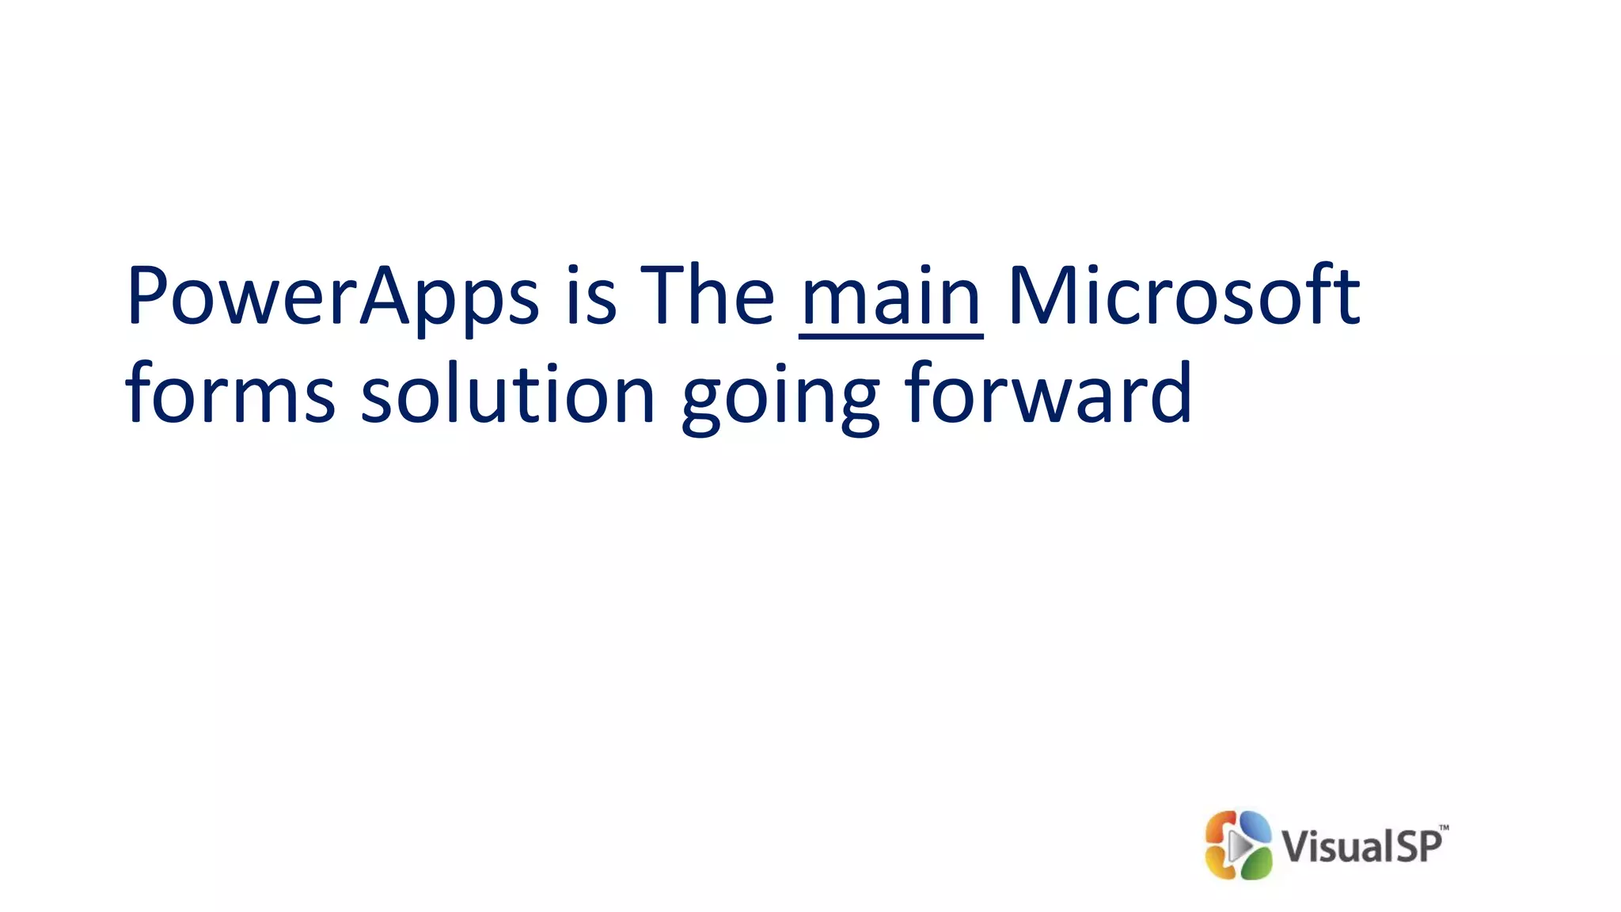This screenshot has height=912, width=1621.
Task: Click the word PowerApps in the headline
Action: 332,297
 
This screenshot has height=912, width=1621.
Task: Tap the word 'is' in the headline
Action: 591,297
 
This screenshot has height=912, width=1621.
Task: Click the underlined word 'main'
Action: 891,297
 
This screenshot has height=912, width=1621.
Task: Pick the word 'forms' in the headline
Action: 230,393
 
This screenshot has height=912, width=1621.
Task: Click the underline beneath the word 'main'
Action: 891,337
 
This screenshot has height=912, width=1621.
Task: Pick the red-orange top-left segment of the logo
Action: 1220,827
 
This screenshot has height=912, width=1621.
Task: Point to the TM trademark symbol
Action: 1444,828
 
